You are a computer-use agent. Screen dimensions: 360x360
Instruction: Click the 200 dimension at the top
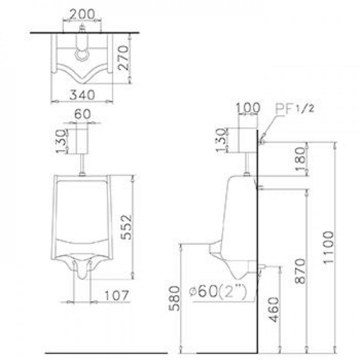[x=82, y=14]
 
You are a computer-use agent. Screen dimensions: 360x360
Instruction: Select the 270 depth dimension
[x=122, y=58]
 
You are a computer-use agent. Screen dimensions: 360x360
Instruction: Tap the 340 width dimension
[x=82, y=94]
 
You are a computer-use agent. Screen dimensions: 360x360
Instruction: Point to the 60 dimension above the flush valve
[x=82, y=114]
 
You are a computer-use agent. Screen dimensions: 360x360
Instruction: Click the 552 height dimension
[x=126, y=227]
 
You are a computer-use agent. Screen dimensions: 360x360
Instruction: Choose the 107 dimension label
[x=117, y=296]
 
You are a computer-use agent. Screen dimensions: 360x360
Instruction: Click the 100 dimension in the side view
[x=248, y=108]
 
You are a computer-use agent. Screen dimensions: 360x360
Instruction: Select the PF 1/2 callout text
[x=295, y=108]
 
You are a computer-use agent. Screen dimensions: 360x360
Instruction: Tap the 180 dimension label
[x=301, y=159]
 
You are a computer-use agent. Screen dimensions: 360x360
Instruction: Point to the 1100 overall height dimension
[x=328, y=247]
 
